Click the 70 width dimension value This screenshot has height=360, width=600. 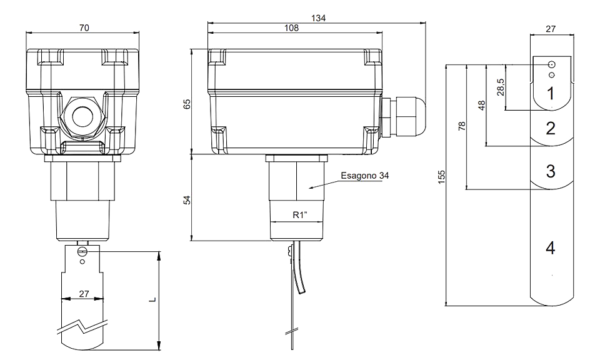click(84, 28)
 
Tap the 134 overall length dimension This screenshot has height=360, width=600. click(318, 18)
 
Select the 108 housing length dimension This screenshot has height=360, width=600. click(292, 28)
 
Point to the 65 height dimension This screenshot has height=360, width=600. click(187, 104)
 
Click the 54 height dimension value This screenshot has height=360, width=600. click(187, 199)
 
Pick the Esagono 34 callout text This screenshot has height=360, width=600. click(364, 176)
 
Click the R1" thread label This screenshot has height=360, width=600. click(301, 215)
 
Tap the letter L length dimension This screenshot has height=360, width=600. click(152, 299)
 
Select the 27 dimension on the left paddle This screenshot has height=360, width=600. click(84, 294)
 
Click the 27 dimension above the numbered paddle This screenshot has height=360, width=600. click(550, 29)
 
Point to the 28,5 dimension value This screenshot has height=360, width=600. click(501, 87)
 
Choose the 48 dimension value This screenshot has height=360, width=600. click(481, 105)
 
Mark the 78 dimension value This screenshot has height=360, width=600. click(462, 126)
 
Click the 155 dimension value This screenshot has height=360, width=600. click(442, 177)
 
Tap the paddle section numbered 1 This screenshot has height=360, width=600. click(551, 93)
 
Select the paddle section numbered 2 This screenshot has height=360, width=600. click(551, 128)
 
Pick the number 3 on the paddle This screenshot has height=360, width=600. click(551, 171)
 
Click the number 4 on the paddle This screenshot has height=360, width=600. click(550, 248)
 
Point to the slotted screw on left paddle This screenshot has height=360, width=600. click(82, 251)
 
